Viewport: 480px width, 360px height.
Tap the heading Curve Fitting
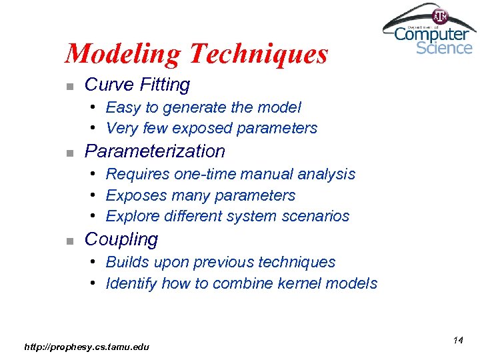137,85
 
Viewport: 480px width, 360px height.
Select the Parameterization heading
155,151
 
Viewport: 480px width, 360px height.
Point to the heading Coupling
121,239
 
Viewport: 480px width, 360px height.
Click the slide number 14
458,341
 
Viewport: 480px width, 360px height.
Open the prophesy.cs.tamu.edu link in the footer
87,347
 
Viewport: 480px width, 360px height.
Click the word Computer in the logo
432,33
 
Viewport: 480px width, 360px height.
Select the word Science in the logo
444,48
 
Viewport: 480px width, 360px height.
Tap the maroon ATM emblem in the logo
441,15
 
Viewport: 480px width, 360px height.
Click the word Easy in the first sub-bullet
123,107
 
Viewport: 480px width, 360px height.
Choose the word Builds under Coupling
126,262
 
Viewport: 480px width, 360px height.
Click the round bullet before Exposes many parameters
95,195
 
